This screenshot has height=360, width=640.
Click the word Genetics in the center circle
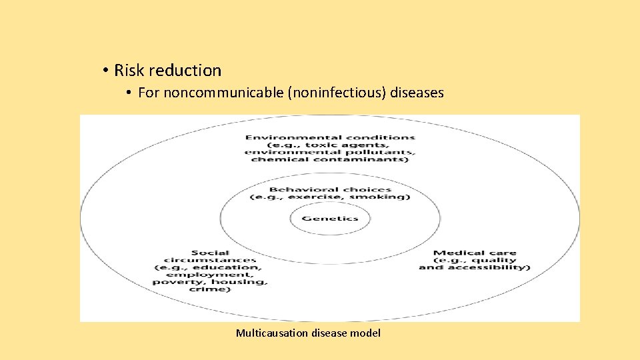330,218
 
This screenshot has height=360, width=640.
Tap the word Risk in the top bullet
129,70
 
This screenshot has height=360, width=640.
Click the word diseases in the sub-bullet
417,93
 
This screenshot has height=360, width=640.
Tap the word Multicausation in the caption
273,333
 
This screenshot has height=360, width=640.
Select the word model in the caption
367,333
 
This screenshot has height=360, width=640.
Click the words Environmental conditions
330,138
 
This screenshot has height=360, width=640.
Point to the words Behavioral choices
330,189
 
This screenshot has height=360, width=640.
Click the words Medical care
475,253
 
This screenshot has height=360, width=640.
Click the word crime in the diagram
210,289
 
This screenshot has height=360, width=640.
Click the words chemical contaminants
330,159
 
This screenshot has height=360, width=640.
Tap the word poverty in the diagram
175,282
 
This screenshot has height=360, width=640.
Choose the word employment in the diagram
210,275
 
